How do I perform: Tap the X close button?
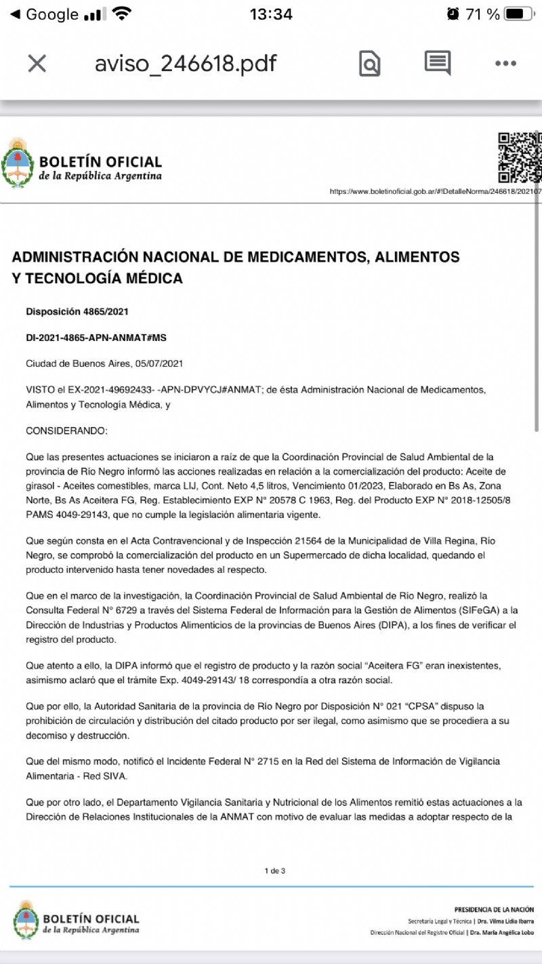37,64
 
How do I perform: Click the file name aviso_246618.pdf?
186,64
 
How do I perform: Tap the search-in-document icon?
369,64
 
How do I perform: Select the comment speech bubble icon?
438,62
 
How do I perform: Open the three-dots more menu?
505,64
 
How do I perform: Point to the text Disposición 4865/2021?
77,312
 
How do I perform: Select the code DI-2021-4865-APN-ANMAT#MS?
96,338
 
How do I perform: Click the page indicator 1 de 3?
274,870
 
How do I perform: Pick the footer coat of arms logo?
25,919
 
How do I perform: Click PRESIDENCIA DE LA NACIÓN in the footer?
493,909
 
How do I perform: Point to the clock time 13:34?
271,14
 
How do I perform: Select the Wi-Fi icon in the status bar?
122,14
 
